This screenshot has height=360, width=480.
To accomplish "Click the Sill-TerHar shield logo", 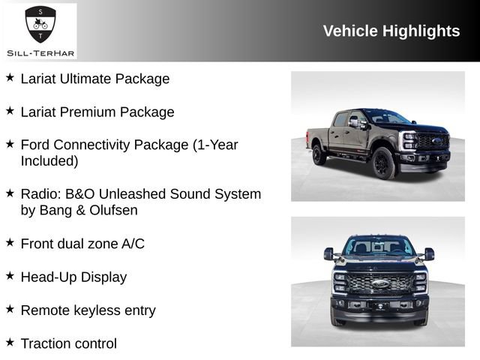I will click(x=40, y=24).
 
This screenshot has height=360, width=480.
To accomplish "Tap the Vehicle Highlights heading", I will click(x=391, y=31).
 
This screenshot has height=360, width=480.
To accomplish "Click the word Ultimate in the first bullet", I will click(x=88, y=79).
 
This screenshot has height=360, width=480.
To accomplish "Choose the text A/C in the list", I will click(x=133, y=244).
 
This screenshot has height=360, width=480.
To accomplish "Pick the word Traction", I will click(x=46, y=343).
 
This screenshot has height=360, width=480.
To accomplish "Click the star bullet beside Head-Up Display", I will click(x=10, y=276).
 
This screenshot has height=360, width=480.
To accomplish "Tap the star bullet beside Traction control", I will click(x=10, y=342).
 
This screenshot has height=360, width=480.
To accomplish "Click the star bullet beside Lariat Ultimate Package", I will click(x=10, y=77).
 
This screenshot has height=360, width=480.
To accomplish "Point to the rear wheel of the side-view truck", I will click(x=319, y=154).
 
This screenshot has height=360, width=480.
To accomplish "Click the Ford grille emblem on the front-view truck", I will click(x=379, y=284).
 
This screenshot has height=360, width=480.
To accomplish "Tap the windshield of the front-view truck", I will click(x=379, y=246).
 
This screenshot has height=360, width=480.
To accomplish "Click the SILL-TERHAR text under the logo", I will click(x=40, y=52).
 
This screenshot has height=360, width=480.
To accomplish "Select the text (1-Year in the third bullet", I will click(x=216, y=145).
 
